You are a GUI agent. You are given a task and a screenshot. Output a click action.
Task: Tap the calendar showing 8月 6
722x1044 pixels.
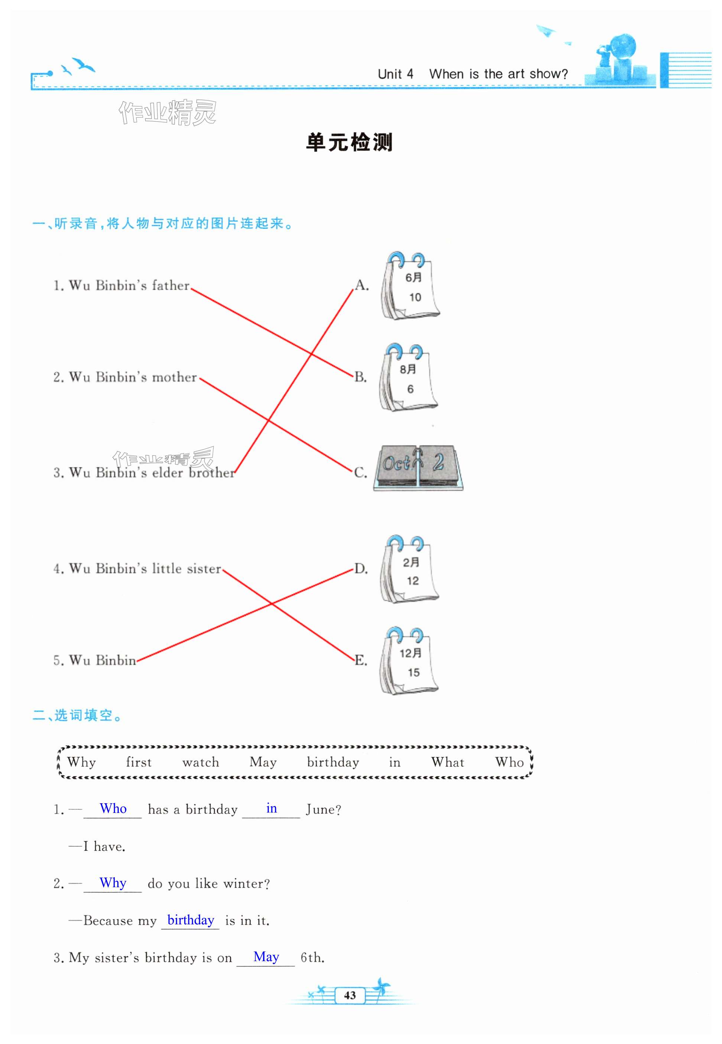pos(409,378)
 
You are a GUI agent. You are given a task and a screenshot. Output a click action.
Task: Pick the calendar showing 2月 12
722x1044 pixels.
pos(409,570)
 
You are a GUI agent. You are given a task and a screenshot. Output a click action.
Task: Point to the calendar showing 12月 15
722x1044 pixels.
pos(409,661)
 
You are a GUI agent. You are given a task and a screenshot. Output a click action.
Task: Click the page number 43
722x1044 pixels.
pos(350,995)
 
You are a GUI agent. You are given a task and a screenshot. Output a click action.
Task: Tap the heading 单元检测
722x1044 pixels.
pos(349,143)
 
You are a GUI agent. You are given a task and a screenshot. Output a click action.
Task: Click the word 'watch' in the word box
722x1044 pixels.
pos(201,762)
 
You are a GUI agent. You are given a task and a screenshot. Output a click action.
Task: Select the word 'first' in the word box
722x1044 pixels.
pos(139,762)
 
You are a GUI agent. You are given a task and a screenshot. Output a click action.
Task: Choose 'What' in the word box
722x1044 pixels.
pos(448,762)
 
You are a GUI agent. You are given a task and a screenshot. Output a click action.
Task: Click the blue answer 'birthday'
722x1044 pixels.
pos(191,920)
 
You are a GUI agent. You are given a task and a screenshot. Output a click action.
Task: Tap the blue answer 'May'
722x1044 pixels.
pos(266,957)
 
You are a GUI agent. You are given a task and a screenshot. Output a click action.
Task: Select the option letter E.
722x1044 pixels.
pos(361,660)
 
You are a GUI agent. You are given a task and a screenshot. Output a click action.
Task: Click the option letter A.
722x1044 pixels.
pos(361,285)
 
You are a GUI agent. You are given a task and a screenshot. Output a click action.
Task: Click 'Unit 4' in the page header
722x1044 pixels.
pos(396,74)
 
